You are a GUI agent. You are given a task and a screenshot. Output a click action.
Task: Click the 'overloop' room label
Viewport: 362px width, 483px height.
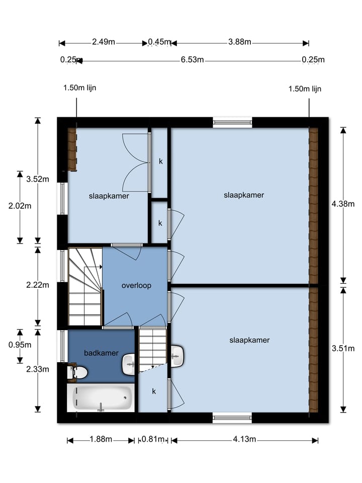pos(136,286)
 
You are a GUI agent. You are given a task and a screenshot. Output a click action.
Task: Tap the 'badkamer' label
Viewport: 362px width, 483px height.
pos(99,353)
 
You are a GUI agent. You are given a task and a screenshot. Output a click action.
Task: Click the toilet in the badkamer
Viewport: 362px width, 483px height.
pos(78,372)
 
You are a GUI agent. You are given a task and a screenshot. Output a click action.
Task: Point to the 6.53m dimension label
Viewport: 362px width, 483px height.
pos(192,60)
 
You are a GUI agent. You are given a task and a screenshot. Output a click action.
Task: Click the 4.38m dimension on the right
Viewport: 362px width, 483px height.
pos(343,204)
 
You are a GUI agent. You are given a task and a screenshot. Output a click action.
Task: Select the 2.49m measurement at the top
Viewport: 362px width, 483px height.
pos(104,42)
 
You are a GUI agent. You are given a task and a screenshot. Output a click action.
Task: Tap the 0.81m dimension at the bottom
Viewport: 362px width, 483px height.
pos(153,439)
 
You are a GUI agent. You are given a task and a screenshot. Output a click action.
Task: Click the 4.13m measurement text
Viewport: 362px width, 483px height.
pos(244,439)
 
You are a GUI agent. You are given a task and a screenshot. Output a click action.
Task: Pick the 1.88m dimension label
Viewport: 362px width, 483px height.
pos(101,439)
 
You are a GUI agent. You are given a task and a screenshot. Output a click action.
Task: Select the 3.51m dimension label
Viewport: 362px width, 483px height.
pos(343,348)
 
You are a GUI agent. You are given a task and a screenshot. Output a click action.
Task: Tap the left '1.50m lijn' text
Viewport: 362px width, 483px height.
pos(79,88)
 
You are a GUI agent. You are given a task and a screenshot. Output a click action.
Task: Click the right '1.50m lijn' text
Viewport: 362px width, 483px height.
pos(305,89)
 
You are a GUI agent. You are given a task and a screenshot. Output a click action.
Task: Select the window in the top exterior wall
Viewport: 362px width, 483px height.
pos(232,122)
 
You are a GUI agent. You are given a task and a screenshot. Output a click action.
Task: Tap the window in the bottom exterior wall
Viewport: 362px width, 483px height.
pos(232,417)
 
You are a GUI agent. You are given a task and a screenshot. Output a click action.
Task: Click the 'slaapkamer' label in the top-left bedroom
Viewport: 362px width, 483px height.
pos(109,196)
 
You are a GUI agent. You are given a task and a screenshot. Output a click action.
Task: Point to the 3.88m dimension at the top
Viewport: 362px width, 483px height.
pos(239,42)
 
